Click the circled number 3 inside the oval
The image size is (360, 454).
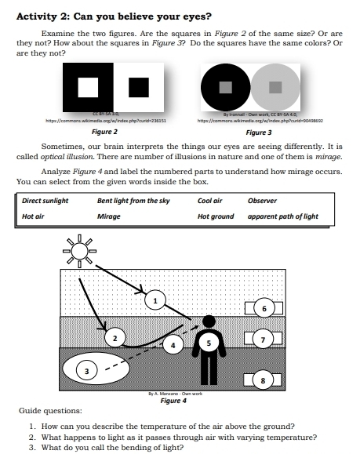(89, 370)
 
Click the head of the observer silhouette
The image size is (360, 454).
(209, 321)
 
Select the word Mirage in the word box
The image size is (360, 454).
(108, 216)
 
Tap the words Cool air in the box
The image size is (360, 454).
(210, 201)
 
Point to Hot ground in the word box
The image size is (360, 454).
(216, 216)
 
